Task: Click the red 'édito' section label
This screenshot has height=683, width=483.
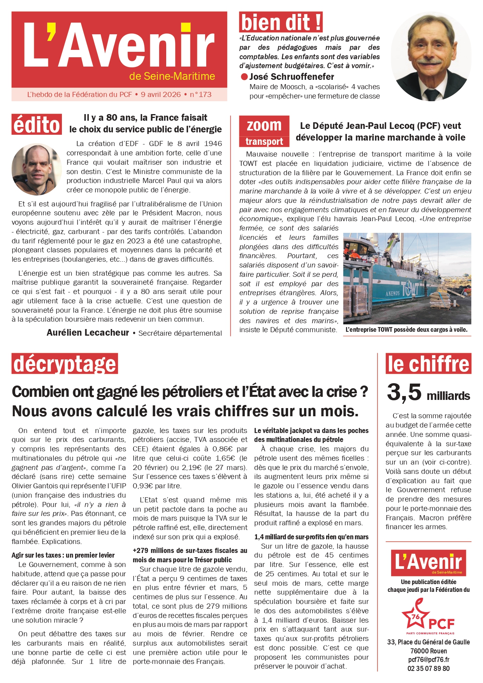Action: point(37,125)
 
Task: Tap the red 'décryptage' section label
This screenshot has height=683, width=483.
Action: point(65,364)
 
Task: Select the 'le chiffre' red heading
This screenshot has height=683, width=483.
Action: point(428,364)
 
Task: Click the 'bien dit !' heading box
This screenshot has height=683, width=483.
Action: point(281,22)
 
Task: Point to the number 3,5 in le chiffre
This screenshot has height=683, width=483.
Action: point(404,392)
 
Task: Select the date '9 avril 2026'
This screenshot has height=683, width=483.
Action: point(161,95)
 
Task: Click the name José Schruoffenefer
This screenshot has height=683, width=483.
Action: point(292,77)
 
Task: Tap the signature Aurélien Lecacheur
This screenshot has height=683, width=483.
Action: point(88,333)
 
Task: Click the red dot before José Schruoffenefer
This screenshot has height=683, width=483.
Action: point(244,77)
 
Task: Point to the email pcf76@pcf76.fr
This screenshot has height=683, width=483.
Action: point(429,659)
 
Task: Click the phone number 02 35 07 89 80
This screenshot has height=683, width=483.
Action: point(429,669)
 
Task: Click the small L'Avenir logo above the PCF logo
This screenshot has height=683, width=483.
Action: point(429,563)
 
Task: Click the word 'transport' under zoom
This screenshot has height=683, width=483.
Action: point(264,141)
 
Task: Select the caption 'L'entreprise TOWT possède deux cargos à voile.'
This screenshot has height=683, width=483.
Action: point(406,330)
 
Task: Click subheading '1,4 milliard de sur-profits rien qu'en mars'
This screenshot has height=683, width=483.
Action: point(311,537)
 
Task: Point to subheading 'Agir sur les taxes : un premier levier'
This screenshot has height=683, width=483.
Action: point(63,555)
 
